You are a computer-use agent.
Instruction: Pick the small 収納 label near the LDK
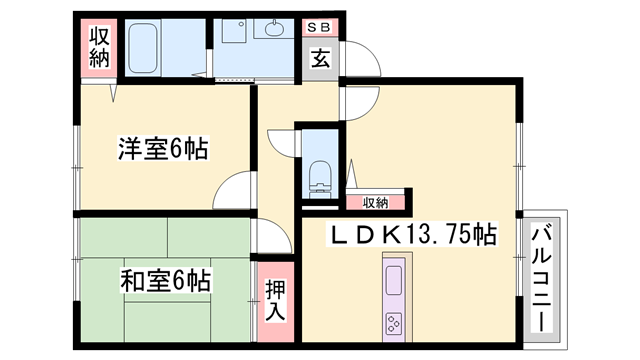[x=375, y=203]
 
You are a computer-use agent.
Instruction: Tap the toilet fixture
[x=321, y=176]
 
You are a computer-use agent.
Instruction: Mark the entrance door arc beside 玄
[x=360, y=100]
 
